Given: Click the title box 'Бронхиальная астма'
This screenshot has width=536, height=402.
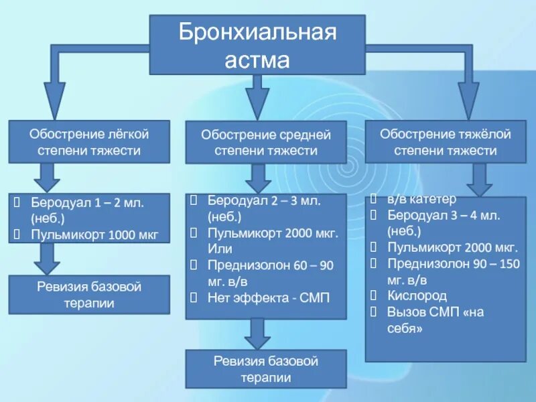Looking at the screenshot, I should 257,45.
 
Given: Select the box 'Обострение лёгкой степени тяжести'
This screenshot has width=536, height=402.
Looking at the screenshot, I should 88,142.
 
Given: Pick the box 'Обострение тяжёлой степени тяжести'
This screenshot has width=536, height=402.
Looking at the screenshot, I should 445,142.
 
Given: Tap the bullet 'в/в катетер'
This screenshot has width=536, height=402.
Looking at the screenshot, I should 421,199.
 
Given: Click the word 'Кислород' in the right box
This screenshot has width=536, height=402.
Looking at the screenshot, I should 417,295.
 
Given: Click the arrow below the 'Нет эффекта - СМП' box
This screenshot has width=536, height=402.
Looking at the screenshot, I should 257,334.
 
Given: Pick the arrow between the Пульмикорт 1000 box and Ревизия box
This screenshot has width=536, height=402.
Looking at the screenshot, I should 47,259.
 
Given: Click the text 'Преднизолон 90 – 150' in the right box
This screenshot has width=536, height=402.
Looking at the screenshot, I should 454,263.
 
